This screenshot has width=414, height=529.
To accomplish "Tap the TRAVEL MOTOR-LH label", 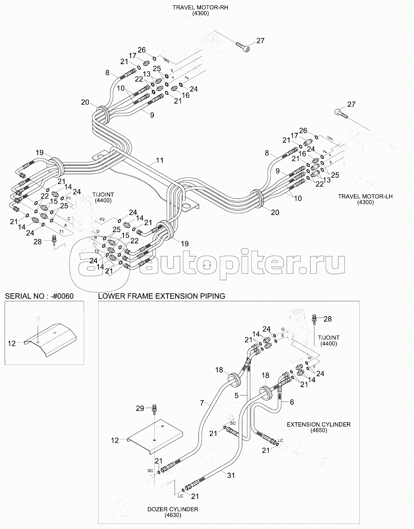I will pyautogui.click(x=365, y=197).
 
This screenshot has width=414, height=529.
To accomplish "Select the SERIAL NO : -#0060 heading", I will pyautogui.click(x=39, y=296).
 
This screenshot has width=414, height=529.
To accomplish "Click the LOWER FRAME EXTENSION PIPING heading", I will pyautogui.click(x=162, y=296).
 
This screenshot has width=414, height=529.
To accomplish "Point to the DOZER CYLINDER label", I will pyautogui.click(x=172, y=509).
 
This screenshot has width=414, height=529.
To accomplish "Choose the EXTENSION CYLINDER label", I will pyautogui.click(x=318, y=424).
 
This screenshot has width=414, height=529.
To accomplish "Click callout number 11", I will pyautogui.click(x=159, y=160).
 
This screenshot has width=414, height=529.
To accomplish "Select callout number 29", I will pyautogui.click(x=140, y=408).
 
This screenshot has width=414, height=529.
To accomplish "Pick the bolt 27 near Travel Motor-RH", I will pyautogui.click(x=243, y=46).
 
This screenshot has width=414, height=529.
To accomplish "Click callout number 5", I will pyautogui.click(x=237, y=396).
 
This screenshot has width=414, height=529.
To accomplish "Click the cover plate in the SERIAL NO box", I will pyautogui.click(x=52, y=339).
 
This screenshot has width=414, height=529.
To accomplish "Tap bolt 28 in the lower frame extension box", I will pyautogui.click(x=314, y=319).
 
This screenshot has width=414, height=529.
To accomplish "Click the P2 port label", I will pyautogui.click(x=102, y=219).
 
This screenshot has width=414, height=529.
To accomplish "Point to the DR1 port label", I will pyautogui.click(x=330, y=138).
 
